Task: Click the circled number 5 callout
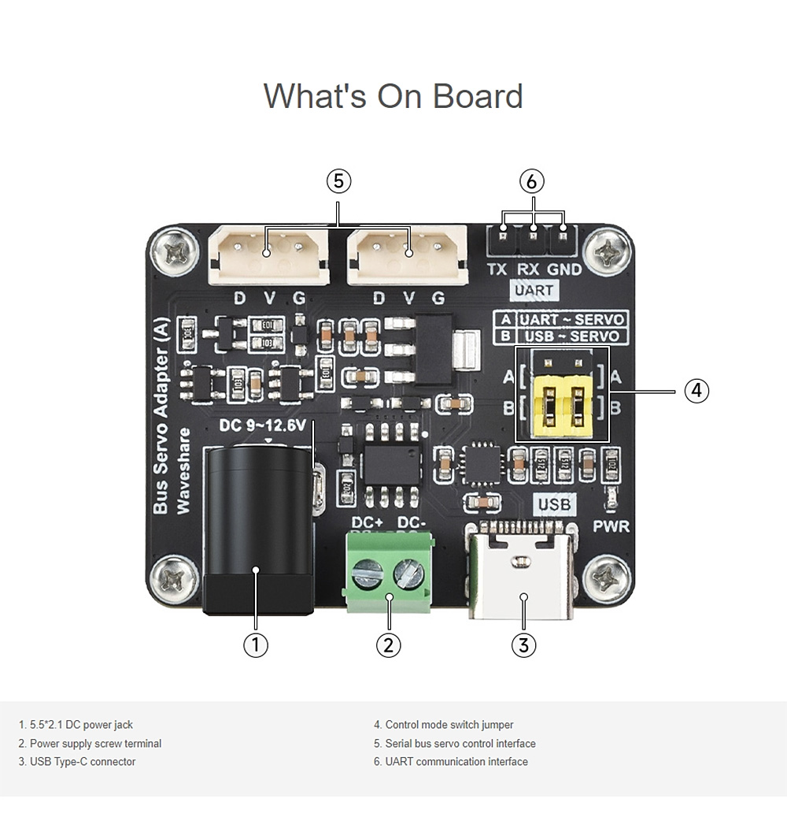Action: pos(338,181)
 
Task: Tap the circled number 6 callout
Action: pos(531,181)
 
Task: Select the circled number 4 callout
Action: pos(696,391)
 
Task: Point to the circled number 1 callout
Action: pos(255,644)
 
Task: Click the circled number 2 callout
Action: pos(388,644)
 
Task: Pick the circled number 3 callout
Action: pos(523,644)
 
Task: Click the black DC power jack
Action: pos(256,528)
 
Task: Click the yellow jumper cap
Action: pos(561,406)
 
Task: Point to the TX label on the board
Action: pos(497,269)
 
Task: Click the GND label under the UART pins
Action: pos(564,269)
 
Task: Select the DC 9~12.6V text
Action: pos(261,426)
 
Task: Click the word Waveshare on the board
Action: pos(184,471)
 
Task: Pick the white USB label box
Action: pos(555,504)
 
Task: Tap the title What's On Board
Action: pos(393,95)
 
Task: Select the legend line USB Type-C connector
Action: pos(83,762)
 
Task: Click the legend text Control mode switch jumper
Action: pos(449,725)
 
